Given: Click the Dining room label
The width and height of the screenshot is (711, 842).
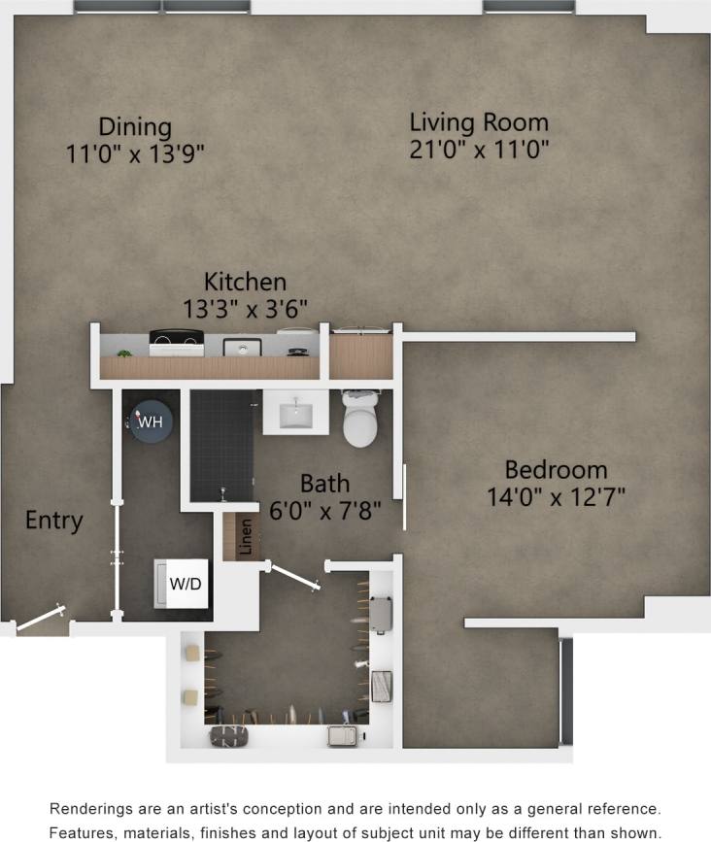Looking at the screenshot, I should [x=135, y=127].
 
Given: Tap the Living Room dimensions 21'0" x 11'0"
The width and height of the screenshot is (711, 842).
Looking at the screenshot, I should [x=479, y=150].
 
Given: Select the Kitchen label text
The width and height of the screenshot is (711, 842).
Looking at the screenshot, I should [x=245, y=283].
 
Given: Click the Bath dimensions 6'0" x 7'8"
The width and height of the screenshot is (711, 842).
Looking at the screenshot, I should [x=324, y=507].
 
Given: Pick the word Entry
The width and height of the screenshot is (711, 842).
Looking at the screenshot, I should [x=53, y=521].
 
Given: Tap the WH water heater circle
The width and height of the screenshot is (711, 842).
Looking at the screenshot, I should [x=150, y=422].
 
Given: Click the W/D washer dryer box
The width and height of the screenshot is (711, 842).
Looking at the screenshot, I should [x=185, y=584].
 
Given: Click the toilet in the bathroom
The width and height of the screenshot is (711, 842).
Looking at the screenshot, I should [x=360, y=419].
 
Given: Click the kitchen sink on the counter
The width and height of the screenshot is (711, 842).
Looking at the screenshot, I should [x=239, y=347].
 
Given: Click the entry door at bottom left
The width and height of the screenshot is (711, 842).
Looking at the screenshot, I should [x=41, y=620].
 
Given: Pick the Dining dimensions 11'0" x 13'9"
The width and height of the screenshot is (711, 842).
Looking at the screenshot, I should [x=135, y=153].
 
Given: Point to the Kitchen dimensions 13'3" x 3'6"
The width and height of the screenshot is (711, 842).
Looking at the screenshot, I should [x=245, y=309].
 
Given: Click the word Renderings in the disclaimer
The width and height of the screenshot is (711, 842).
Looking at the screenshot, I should [x=96, y=809].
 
